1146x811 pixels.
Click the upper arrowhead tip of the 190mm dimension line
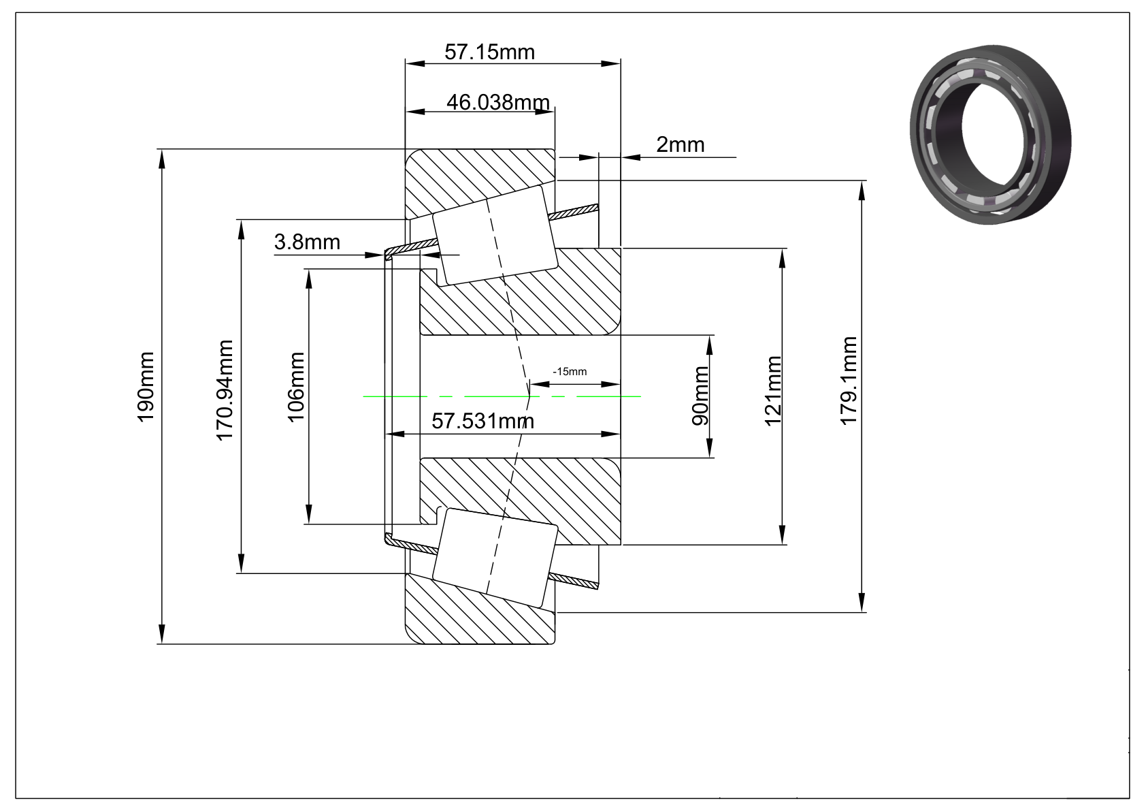[162, 150]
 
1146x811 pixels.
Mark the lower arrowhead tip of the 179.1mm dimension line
[862, 612]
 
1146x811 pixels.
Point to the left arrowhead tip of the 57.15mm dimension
[405, 64]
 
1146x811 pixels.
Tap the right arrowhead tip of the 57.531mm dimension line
[621, 434]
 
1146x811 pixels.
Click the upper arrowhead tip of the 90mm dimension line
[709, 335]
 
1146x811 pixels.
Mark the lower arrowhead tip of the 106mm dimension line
[308, 524]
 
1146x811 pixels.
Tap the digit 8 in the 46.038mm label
[507, 102]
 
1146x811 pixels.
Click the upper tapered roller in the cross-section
[495, 235]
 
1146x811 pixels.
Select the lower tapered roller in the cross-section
[495, 558]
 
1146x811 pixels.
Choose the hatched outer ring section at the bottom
[480, 609]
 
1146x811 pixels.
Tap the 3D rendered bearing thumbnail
[991, 134]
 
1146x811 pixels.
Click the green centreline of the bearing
[502, 396]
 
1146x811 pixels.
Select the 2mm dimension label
[681, 145]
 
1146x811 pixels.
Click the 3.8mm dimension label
[307, 242]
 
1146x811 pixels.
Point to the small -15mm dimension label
[570, 372]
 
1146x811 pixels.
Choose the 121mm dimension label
[772, 391]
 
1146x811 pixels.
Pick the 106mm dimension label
[296, 387]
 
